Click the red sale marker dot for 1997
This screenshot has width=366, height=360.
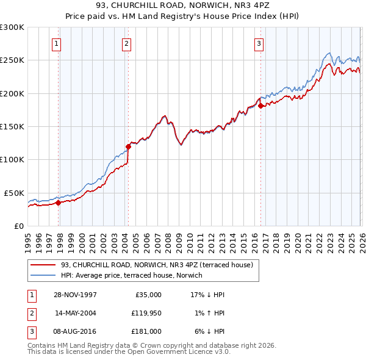pos(59,203)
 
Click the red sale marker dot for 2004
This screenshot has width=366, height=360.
pos(129,146)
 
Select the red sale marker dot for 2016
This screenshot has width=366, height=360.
pos(260,106)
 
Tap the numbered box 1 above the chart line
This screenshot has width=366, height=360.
pos(56,43)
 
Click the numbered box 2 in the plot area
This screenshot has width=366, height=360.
pos(126,43)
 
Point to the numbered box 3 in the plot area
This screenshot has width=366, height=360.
pos(259,43)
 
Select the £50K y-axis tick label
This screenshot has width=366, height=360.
pos(14,193)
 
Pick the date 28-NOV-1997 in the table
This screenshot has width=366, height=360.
pos(76,295)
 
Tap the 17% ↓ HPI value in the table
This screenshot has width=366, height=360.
pos(208,295)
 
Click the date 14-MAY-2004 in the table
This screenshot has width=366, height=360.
pos(76,312)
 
